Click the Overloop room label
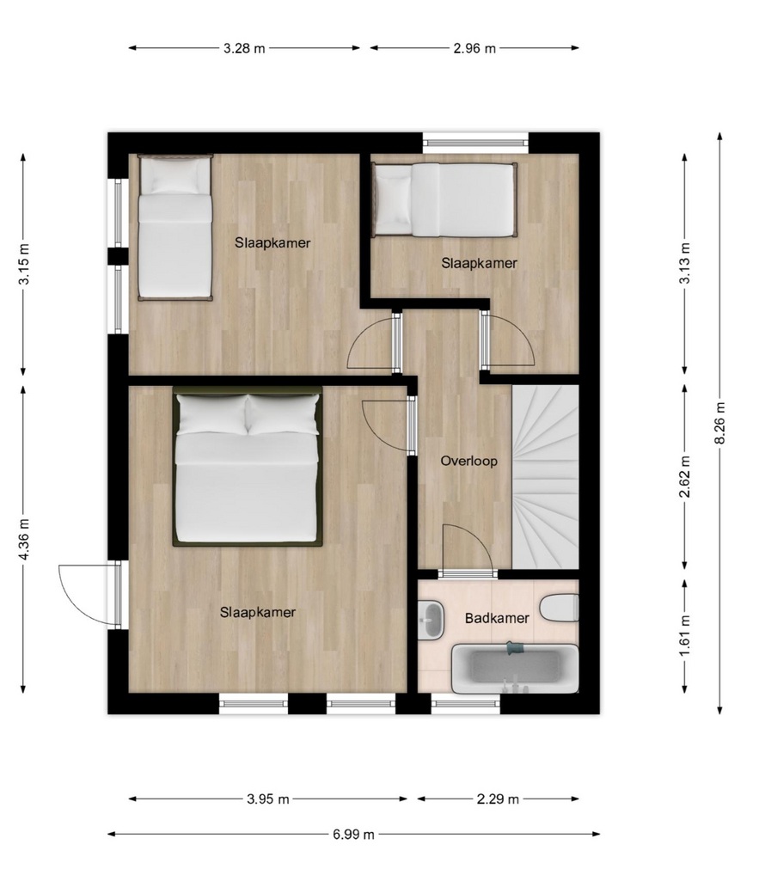pos(468,461)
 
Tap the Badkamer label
pos(497,618)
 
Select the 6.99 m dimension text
pos(354,834)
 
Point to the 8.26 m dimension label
pos(719,423)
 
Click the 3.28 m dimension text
pos(244,48)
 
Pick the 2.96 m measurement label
pos(474,48)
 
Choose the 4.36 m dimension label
pos(24,539)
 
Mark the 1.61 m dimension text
pos(685,636)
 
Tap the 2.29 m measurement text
pos(498,799)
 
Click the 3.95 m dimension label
pos(268,799)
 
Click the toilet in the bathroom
pos(560,608)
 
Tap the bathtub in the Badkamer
pos(515,669)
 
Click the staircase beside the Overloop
pos(546,477)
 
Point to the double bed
pos(248,466)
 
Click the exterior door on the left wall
pos(89,594)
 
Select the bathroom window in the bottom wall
pos(466,704)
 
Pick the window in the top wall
pos(475,143)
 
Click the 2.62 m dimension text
pos(685,477)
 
